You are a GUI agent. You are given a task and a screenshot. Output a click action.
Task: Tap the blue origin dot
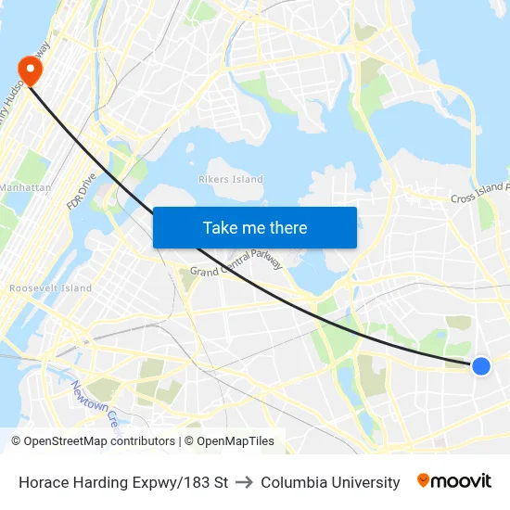480,366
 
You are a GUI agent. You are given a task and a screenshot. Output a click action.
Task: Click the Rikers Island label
231,180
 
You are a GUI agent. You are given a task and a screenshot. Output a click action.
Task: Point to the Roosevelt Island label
50,288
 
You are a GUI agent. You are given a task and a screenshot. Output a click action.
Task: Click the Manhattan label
25,187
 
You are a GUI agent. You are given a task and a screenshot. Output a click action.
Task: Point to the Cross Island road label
478,195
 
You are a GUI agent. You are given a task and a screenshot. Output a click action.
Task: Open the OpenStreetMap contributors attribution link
99,441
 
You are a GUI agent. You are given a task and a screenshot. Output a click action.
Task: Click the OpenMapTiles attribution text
236,441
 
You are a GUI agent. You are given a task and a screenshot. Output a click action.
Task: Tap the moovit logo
454,481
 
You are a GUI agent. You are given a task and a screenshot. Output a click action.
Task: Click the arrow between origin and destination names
244,482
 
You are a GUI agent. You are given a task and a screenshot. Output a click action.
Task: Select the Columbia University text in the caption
330,482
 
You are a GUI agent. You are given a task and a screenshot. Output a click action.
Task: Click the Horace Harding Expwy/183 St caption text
123,482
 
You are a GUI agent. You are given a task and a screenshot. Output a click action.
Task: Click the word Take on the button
221,227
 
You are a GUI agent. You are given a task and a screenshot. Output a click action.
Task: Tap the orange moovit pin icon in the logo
424,480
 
